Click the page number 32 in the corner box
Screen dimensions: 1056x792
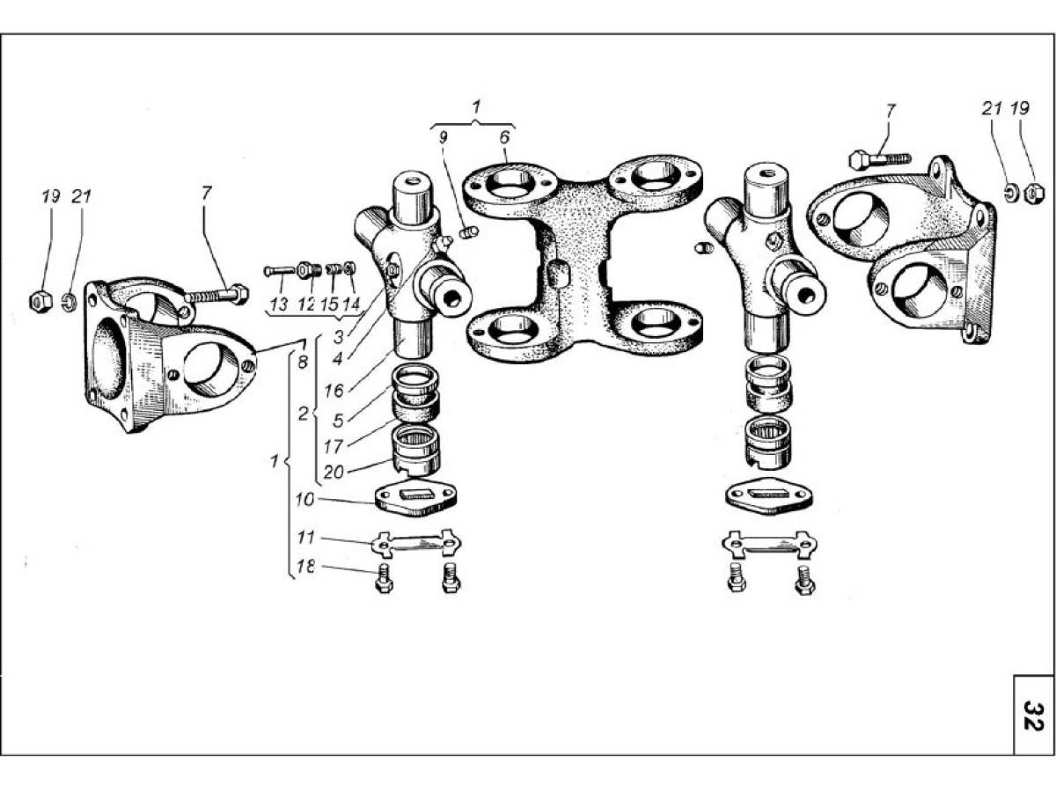click(1033, 715)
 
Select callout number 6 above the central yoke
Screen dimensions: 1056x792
click(503, 137)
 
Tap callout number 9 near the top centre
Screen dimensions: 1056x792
click(444, 137)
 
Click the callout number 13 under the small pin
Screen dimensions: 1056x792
click(279, 304)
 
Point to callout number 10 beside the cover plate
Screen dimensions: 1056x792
click(304, 500)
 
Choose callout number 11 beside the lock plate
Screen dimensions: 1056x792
click(306, 537)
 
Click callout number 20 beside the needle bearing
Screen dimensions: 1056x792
click(334, 473)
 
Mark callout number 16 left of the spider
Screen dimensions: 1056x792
click(334, 391)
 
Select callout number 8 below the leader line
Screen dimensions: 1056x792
click(303, 362)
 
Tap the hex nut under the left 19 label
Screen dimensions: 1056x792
click(40, 301)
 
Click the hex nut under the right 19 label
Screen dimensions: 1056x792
click(1034, 194)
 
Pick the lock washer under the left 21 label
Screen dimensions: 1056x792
click(70, 303)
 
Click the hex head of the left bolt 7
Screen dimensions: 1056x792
click(239, 293)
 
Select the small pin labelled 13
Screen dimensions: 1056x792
click(279, 271)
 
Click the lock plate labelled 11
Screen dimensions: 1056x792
click(416, 544)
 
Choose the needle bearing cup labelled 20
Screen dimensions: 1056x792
click(416, 449)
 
